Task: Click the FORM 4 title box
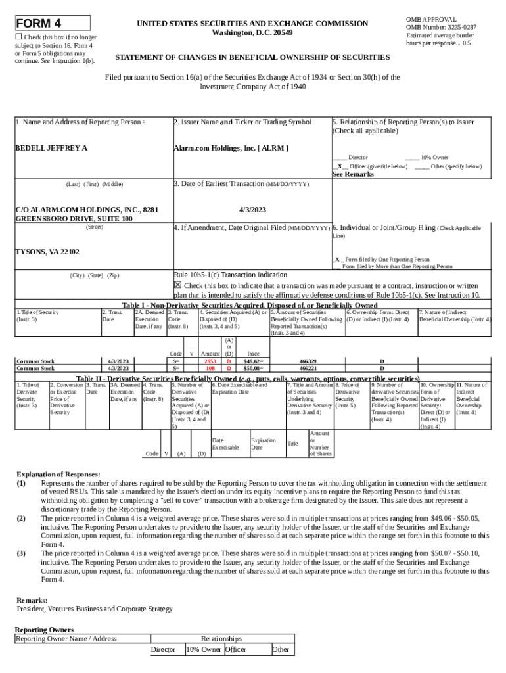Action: tap(53, 24)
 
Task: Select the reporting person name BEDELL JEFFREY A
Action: tap(51, 148)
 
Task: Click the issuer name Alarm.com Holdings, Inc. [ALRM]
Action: tap(231, 148)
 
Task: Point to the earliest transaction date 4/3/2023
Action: tap(252, 210)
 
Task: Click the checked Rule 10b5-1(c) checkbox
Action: tap(177, 285)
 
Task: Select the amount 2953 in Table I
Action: tap(210, 361)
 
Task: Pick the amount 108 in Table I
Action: tap(211, 369)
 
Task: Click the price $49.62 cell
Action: tap(252, 361)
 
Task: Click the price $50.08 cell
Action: tap(252, 369)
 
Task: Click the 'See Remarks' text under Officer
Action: tap(353, 175)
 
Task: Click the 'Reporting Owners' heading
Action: tap(44, 630)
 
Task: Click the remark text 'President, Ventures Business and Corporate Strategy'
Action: tap(94, 609)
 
